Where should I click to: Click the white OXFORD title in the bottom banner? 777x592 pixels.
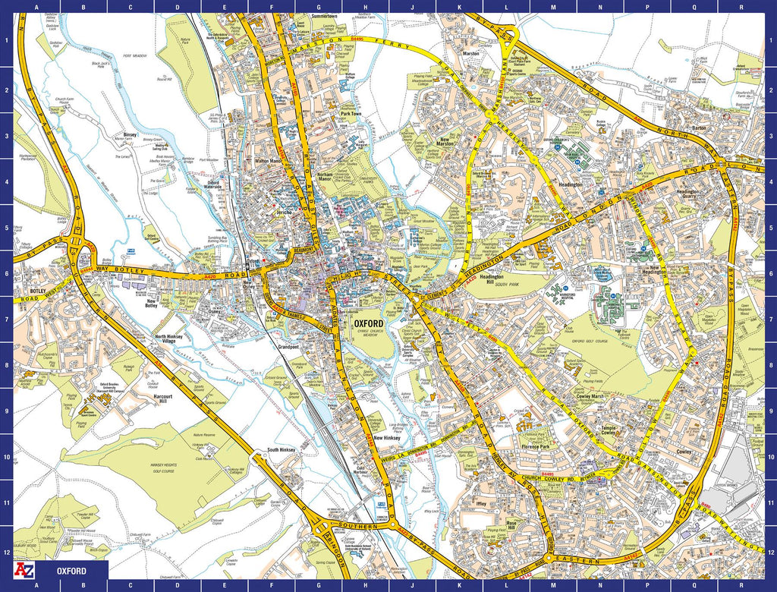tap(71, 571)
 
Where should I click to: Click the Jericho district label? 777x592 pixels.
tap(285, 213)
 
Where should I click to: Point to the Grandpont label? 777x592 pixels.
tap(289, 347)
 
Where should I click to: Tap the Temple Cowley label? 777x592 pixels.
tap(622, 431)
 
